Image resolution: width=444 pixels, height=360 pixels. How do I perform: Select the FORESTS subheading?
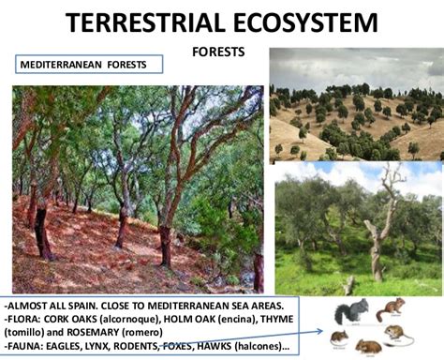pyautogui.click(x=217, y=52)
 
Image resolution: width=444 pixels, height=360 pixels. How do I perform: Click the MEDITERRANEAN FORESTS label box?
pyautogui.click(x=89, y=65)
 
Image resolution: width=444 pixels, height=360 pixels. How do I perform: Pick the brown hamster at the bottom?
pyautogui.click(x=369, y=348)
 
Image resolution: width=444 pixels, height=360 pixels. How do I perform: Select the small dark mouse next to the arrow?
pyautogui.click(x=338, y=335)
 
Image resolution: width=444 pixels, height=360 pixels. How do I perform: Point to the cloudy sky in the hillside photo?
pyautogui.click(x=356, y=66)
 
